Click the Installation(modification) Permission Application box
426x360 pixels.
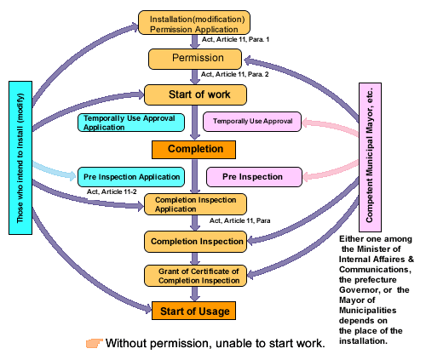tap(194, 23)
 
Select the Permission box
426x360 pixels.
tap(195, 59)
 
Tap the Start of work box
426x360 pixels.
tap(195, 94)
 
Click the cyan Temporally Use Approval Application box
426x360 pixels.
tap(131, 123)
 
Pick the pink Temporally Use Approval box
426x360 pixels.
tap(252, 122)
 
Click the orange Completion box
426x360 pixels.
tap(193, 150)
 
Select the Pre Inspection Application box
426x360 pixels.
tap(131, 177)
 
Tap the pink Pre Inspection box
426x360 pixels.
tap(254, 177)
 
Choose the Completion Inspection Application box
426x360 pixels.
tap(195, 204)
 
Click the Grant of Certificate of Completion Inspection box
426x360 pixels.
tap(195, 276)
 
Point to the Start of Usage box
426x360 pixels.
tap(193, 311)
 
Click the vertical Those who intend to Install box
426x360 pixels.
tap(20, 157)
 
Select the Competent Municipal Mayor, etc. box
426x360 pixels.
tap(370, 157)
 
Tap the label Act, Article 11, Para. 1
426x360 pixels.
tap(235, 39)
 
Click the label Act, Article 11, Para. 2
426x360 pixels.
tap(235, 74)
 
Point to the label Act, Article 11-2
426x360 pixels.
tap(112, 191)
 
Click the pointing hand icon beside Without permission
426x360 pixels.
tap(95, 343)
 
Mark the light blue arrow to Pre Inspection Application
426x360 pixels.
tap(54, 171)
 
